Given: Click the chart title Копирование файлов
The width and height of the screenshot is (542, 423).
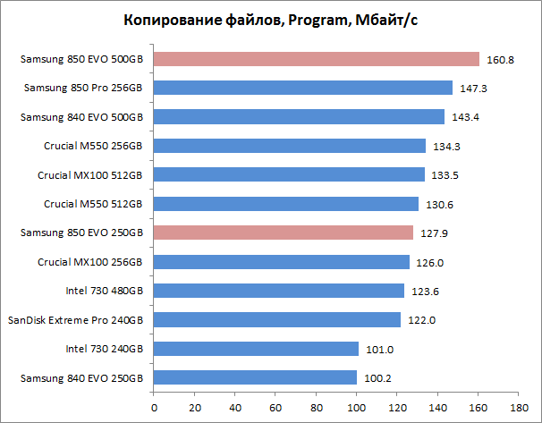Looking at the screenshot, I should pos(269,21).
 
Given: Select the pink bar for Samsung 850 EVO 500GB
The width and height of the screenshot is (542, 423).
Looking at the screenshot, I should pos(317,59).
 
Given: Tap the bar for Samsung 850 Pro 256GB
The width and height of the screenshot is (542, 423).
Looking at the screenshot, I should pos(303,88).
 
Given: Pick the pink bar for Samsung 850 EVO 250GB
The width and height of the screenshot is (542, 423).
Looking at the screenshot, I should pos(284,233).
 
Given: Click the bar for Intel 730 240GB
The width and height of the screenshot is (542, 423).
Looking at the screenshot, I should pos(256,349).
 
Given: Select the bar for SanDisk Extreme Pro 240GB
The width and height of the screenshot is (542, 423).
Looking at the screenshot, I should pos(277,319).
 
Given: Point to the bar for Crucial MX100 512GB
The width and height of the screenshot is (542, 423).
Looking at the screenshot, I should pos(289,174).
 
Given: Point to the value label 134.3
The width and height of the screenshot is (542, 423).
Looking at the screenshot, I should pos(445,147).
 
